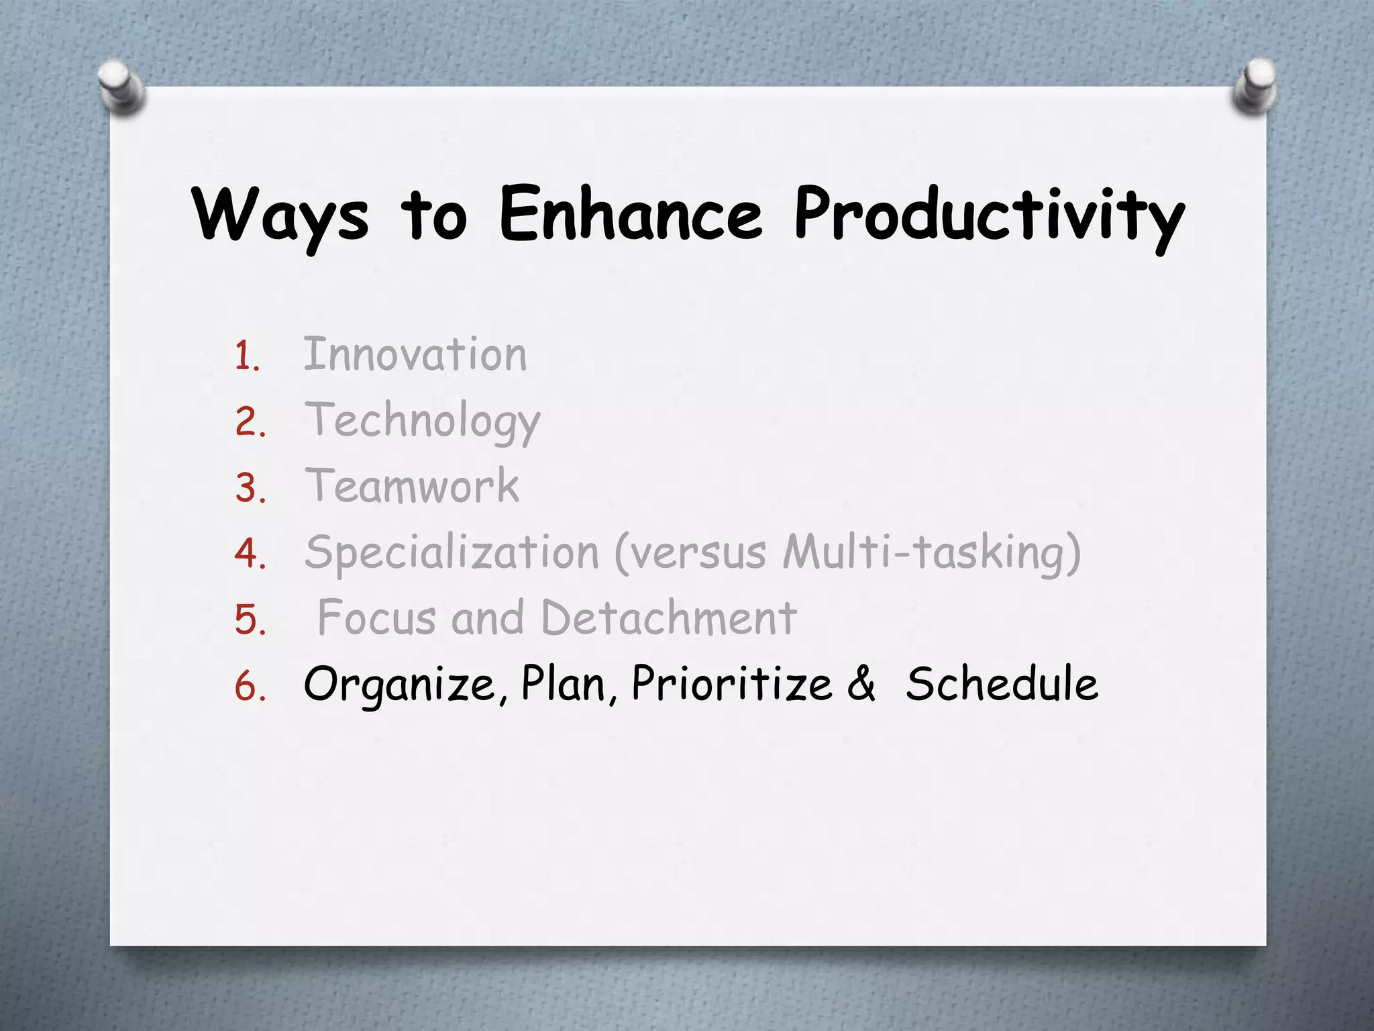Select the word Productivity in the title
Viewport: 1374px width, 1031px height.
click(989, 216)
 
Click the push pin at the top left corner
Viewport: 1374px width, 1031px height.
click(120, 87)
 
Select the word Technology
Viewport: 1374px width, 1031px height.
click(422, 421)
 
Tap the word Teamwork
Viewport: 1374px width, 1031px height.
click(412, 486)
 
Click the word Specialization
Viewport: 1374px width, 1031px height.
click(452, 552)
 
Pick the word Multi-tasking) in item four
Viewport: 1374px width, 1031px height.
click(932, 552)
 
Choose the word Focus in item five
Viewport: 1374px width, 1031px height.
click(376, 618)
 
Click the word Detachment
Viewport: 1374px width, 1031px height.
click(668, 618)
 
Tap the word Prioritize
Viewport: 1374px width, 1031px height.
click(731, 685)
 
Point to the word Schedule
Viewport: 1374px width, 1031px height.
click(1002, 685)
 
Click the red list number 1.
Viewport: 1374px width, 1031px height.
click(246, 356)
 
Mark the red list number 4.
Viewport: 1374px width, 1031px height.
click(250, 554)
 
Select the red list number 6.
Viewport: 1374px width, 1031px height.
click(250, 687)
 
